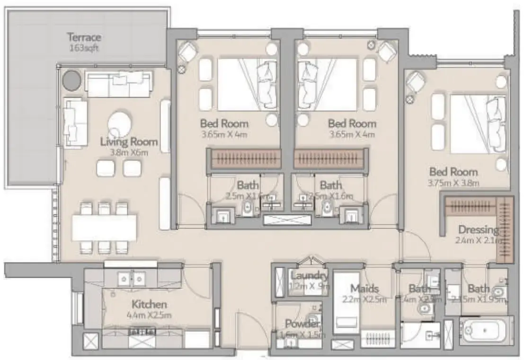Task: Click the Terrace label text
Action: pos(84,37)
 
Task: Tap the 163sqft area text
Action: pos(83,48)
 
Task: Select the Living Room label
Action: pos(129,141)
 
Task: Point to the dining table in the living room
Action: pos(105,228)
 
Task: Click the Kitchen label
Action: pos(149,304)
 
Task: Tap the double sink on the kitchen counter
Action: pos(132,279)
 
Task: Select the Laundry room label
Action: pos(310,276)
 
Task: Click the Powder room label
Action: pos(302,325)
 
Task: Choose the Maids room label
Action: pos(364,288)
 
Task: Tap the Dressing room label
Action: pos(478,230)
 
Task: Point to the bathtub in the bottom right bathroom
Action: pos(486,330)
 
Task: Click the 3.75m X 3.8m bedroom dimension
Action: pos(453,183)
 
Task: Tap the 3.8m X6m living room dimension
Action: pos(128,152)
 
